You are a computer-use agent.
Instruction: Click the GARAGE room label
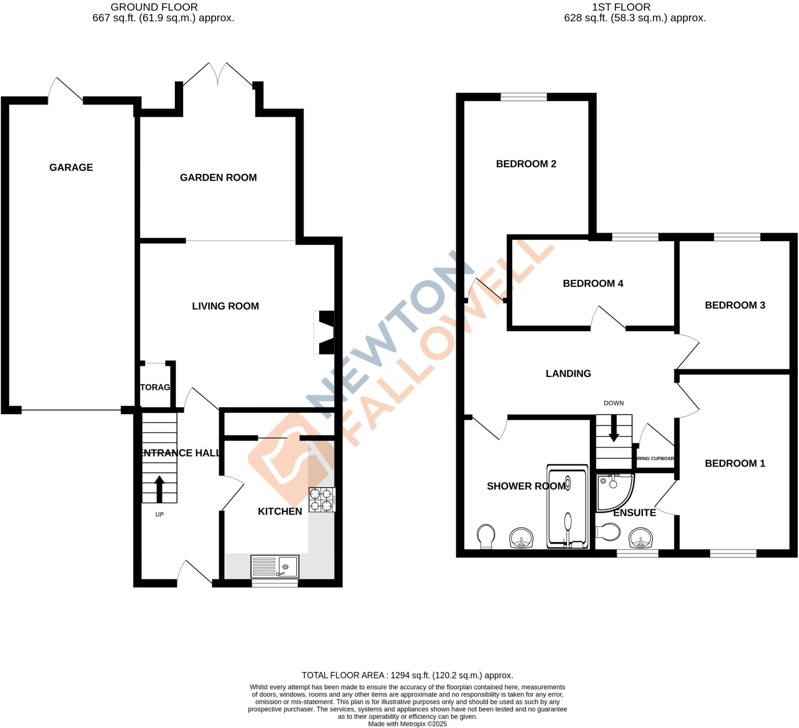tap(71, 167)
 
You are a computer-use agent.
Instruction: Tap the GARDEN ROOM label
tap(218, 177)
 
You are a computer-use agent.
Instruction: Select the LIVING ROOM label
tap(225, 306)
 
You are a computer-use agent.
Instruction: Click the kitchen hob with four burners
tap(321, 499)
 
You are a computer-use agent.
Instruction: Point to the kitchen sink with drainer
tap(274, 566)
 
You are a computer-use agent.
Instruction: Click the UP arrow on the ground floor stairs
tap(159, 488)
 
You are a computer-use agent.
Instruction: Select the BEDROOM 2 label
tap(526, 164)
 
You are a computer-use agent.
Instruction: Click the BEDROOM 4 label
tap(593, 283)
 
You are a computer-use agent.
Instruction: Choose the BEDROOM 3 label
tap(734, 305)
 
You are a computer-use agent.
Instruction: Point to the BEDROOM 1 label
tap(734, 463)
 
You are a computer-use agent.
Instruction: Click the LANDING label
tap(568, 373)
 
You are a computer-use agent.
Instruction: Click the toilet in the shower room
tap(486, 536)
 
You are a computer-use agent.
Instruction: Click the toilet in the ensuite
tap(608, 532)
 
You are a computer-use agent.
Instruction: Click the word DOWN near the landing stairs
tap(614, 403)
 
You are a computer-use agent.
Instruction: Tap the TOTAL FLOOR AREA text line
tap(407, 675)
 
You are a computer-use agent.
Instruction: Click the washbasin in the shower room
tap(522, 537)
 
